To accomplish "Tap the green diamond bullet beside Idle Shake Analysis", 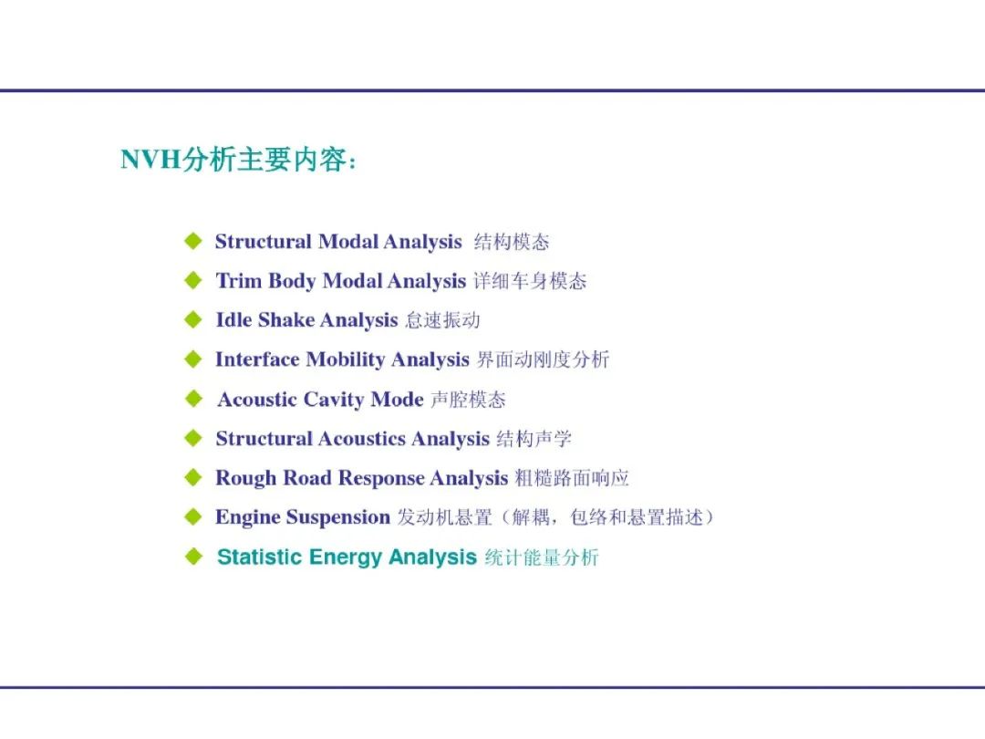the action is pos(193,319).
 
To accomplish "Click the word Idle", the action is pos(233,319).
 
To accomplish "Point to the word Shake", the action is pos(285,319).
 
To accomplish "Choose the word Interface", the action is pos(257,359).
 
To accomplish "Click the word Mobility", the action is pos(346,359).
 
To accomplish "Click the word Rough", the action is pos(246,478).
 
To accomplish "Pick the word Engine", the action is pos(247,517).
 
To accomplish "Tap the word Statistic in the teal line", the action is pos(259,557).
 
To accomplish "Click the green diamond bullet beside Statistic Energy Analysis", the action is pos(193,557).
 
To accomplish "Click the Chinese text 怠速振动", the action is pos(443,320).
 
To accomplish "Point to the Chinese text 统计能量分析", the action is pos(542,557).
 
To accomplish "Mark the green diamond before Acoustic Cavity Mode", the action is pos(193,399).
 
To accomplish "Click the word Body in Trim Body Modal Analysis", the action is pos(292,281).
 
